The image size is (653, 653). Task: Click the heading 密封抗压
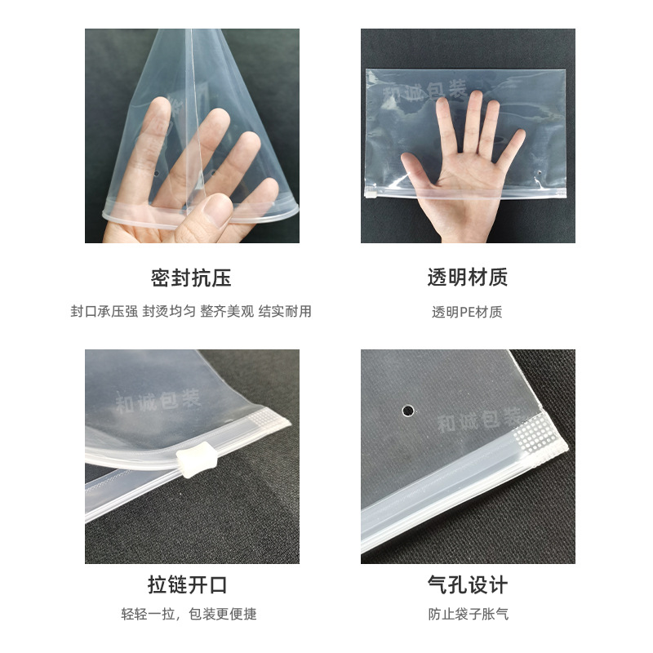(191, 278)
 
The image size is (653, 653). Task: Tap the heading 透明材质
(468, 278)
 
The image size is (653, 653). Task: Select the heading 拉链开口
(187, 584)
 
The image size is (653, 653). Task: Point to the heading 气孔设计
(468, 584)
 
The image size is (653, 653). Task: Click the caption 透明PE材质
(467, 312)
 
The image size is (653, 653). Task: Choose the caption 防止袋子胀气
(468, 614)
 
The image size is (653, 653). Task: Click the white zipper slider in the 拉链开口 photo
(192, 463)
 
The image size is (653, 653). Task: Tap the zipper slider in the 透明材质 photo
(370, 196)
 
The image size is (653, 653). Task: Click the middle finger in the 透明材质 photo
(474, 122)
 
